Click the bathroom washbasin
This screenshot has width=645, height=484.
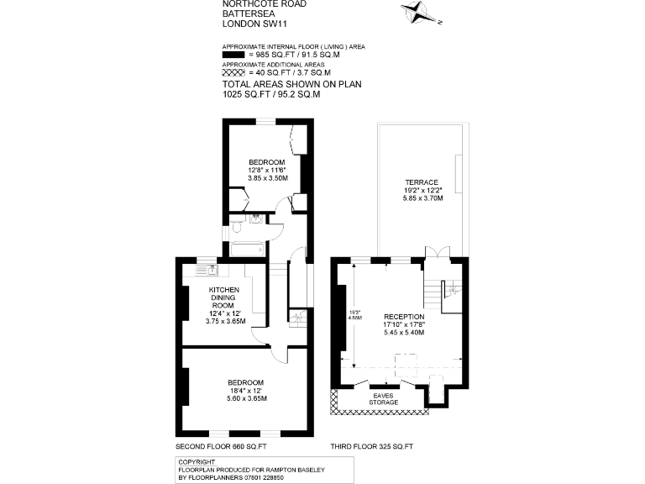255,219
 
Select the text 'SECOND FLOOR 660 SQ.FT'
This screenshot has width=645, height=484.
220,445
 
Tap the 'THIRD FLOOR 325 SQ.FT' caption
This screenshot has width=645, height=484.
375,445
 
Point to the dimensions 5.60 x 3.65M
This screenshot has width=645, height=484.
245,398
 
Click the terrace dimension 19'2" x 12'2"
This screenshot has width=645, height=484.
422,191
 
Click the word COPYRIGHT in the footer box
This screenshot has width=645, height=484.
197,461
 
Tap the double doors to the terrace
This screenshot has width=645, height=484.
432,253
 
